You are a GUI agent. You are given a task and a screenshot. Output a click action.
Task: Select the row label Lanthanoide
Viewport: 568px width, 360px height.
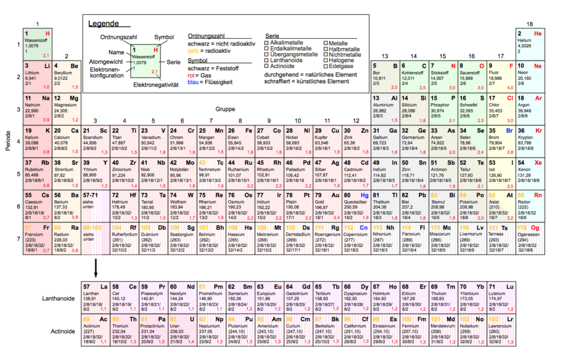[x=58, y=298]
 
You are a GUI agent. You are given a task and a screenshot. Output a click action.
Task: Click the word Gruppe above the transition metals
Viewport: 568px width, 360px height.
[x=225, y=109]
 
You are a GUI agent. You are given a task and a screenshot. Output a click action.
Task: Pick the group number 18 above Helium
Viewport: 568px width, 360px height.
[x=530, y=24]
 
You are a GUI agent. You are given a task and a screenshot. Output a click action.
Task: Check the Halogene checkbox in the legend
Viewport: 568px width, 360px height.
[x=326, y=60]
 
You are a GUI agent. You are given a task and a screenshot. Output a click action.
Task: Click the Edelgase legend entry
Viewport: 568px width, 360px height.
[x=326, y=66]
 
